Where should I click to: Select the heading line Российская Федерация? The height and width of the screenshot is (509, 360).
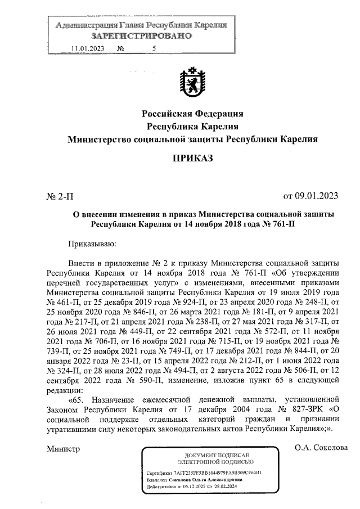tap(192, 115)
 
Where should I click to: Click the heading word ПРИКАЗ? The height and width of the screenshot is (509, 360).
tap(192, 159)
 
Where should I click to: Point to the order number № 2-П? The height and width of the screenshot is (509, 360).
tap(59, 196)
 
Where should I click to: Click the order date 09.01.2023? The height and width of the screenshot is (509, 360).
tap(310, 196)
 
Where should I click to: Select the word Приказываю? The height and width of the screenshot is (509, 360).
tap(92, 244)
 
